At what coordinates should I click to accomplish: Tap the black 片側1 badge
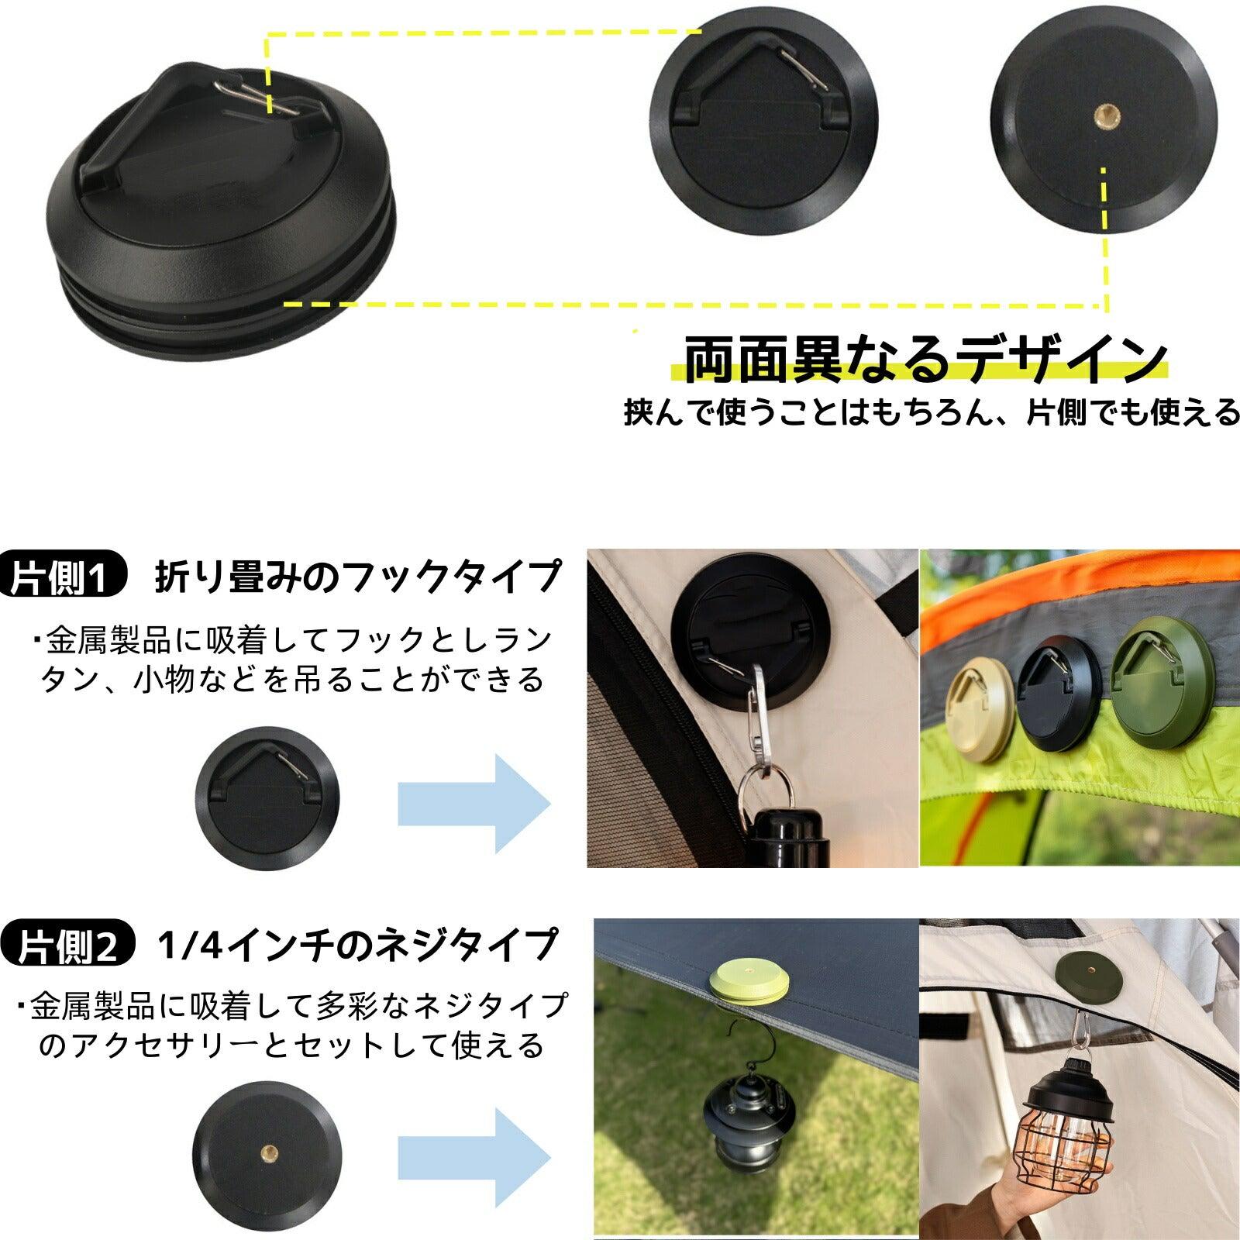point(62,578)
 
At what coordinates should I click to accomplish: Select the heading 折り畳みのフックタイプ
point(357,577)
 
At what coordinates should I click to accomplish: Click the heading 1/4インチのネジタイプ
point(356,945)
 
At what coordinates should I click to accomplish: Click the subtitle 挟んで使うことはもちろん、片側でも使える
point(931,413)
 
